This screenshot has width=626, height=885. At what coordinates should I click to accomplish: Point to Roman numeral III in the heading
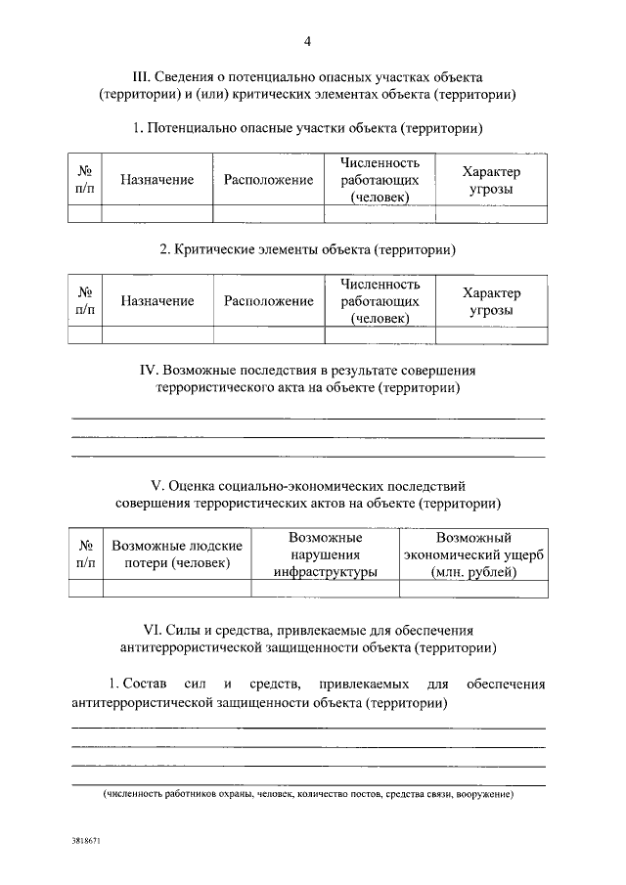point(141,76)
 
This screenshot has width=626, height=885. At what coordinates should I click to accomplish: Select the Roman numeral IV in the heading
point(150,371)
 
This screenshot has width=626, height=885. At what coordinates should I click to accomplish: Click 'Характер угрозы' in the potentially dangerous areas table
point(491,180)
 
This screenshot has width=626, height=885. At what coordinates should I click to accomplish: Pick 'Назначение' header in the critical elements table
point(157,301)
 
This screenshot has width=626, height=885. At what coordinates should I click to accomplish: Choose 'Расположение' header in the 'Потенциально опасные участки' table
point(268,180)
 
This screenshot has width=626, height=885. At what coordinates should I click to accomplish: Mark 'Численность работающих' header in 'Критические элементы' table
point(380,301)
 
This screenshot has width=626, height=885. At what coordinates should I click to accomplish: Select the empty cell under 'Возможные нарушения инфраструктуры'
point(326,589)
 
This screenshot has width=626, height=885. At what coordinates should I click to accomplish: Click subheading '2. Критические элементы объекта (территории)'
point(308,250)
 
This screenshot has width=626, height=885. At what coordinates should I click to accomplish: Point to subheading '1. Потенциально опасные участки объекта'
point(308,129)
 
